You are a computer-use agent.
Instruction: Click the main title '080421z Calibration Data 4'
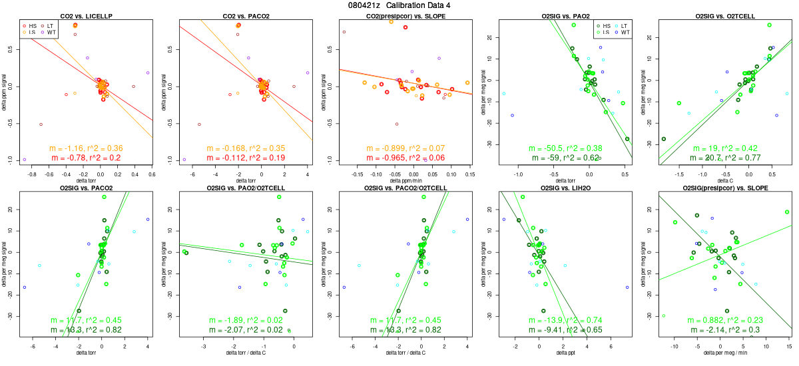pyautogui.click(x=400, y=5)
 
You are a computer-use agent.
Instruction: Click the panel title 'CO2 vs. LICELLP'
pyautogui.click(x=85, y=15)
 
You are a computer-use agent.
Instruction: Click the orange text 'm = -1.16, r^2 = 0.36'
pyautogui.click(x=85, y=148)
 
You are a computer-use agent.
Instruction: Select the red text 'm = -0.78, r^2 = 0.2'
pyautogui.click(x=85, y=158)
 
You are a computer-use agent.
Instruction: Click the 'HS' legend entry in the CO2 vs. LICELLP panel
pyautogui.click(x=33, y=25)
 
